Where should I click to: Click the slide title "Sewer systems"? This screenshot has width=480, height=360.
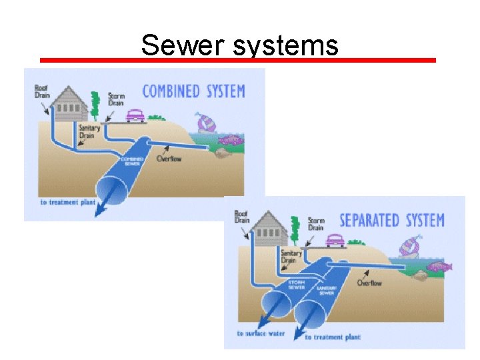[x=239, y=46]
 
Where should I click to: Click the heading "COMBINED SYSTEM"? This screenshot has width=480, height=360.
[x=193, y=91]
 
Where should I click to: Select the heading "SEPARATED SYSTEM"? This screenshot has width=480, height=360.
[x=391, y=220]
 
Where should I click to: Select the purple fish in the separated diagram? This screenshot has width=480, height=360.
[x=439, y=267]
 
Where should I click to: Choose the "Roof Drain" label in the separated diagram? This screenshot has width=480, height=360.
[x=241, y=216]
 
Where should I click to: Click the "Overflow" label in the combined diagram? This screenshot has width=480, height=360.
[x=169, y=159]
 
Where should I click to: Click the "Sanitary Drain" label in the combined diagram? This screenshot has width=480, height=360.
[x=89, y=131]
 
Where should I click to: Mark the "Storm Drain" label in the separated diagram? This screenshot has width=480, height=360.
[x=316, y=224]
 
